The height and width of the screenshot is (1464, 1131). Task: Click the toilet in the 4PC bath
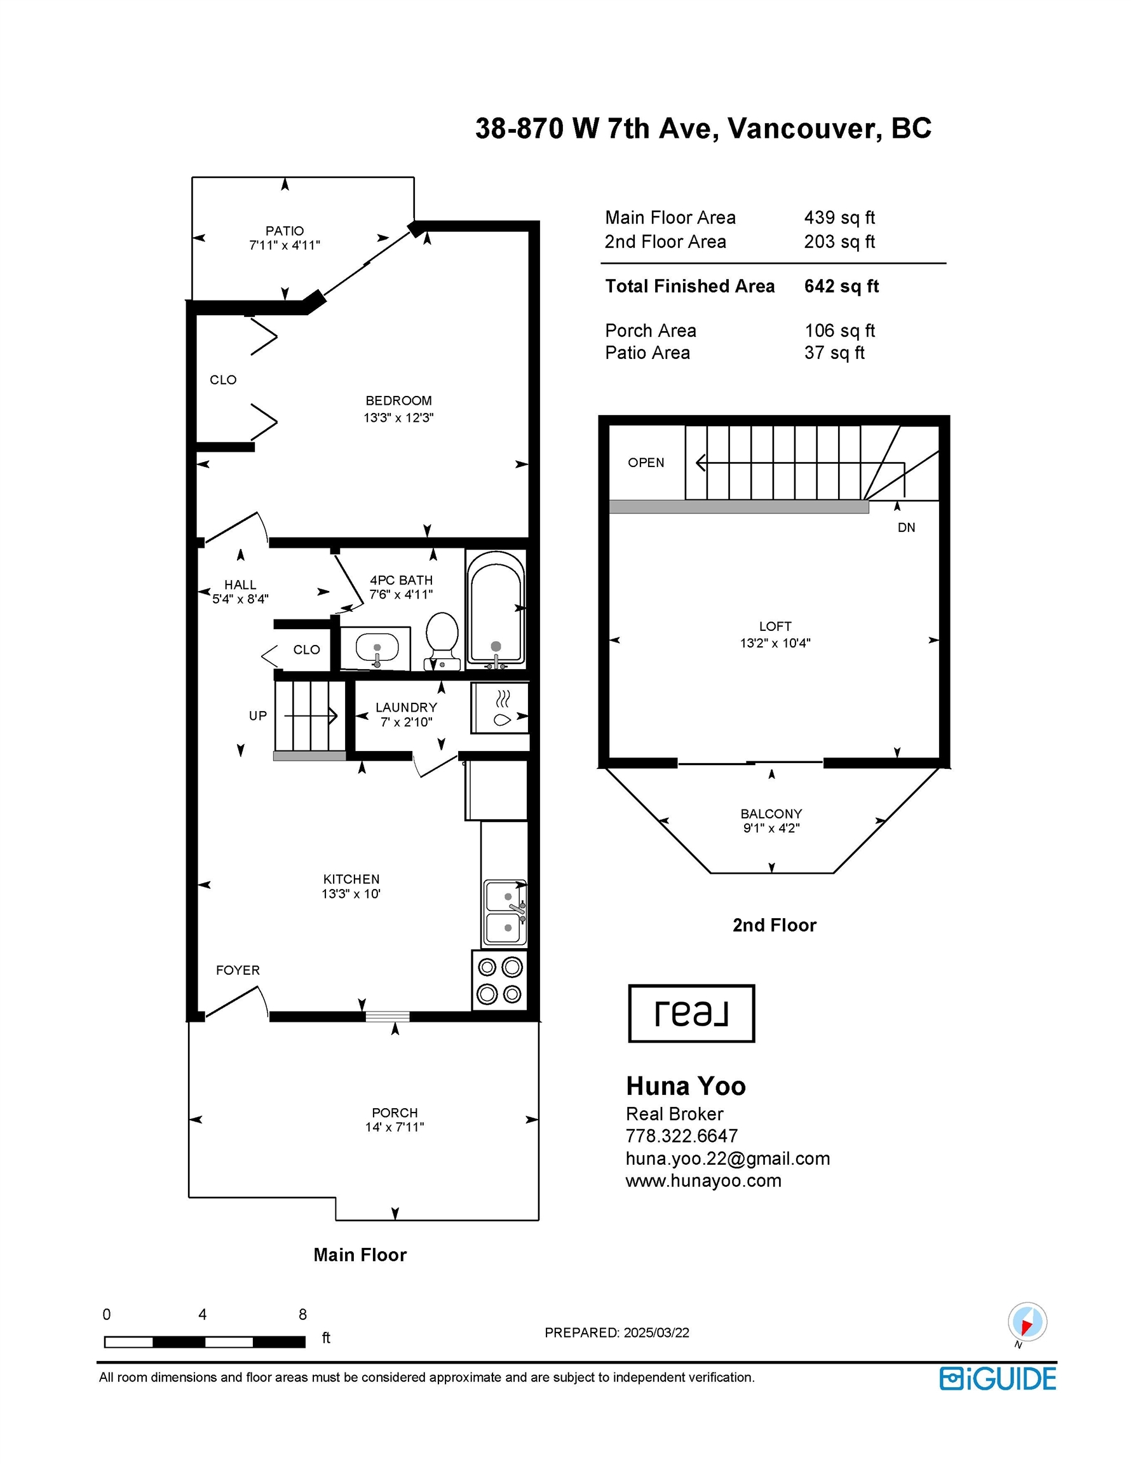442,641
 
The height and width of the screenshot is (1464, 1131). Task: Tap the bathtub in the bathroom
496,609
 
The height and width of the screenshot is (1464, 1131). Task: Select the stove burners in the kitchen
499,979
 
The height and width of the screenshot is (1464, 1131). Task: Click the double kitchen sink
505,912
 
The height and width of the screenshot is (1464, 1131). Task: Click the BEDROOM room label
399,401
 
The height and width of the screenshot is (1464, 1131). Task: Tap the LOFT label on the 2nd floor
775,626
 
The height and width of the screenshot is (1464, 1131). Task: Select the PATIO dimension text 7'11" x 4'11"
285,245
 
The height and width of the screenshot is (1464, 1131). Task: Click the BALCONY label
771,814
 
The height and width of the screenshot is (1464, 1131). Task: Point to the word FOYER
238,970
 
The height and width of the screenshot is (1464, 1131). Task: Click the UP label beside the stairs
258,716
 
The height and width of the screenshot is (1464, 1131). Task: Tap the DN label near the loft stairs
907,527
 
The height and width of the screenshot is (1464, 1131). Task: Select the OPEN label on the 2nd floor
646,463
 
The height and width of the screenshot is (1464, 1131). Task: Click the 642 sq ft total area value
841,286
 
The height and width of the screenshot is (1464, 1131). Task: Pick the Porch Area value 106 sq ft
840,330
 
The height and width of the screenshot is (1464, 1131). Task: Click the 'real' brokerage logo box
691,1013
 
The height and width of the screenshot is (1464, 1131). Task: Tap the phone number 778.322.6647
682,1135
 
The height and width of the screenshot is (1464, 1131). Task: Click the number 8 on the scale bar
303,1315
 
